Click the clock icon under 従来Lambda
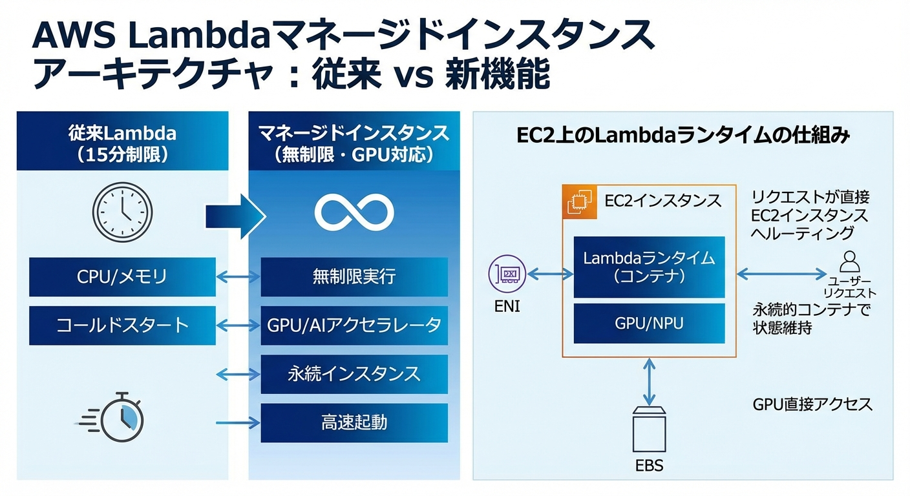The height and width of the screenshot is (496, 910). (122, 211)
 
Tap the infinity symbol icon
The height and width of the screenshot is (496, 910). (354, 211)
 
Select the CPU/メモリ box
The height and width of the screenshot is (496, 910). (122, 277)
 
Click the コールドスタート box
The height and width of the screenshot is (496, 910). (122, 325)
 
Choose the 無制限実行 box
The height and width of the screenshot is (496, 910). (354, 277)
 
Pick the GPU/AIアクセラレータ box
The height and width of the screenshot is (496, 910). (354, 325)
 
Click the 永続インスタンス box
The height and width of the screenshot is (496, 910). (354, 374)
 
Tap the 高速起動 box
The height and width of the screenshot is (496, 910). (354, 422)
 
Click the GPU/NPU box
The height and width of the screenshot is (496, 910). (649, 323)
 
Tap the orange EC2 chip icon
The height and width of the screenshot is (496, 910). (578, 201)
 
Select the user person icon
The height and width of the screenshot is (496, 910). (849, 262)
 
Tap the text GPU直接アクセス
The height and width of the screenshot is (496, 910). (812, 405)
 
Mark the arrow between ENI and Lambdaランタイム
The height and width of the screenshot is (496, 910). (550, 274)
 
